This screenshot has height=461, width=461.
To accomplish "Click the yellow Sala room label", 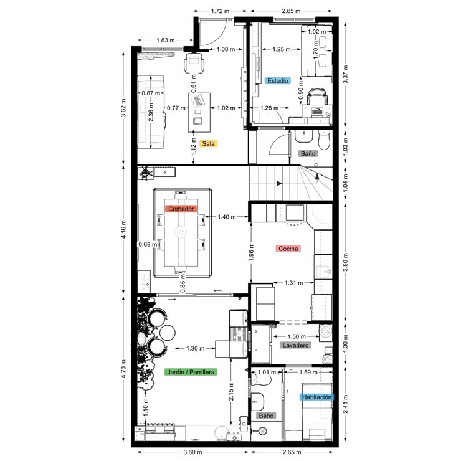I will [x=208, y=143].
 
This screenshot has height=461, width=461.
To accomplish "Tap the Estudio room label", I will [x=277, y=80].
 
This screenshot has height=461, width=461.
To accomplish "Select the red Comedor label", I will [x=181, y=209].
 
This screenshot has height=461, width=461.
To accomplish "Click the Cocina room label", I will [x=288, y=249].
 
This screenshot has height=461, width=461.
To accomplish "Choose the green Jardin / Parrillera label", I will [x=191, y=372].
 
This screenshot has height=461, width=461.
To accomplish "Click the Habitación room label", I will [x=316, y=397].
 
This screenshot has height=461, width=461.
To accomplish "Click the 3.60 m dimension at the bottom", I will [x=194, y=452].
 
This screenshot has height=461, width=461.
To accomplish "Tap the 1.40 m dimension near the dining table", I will [x=227, y=217].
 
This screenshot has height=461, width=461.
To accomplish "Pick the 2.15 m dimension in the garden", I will [x=232, y=400].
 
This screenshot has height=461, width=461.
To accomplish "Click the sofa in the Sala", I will [x=151, y=112].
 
